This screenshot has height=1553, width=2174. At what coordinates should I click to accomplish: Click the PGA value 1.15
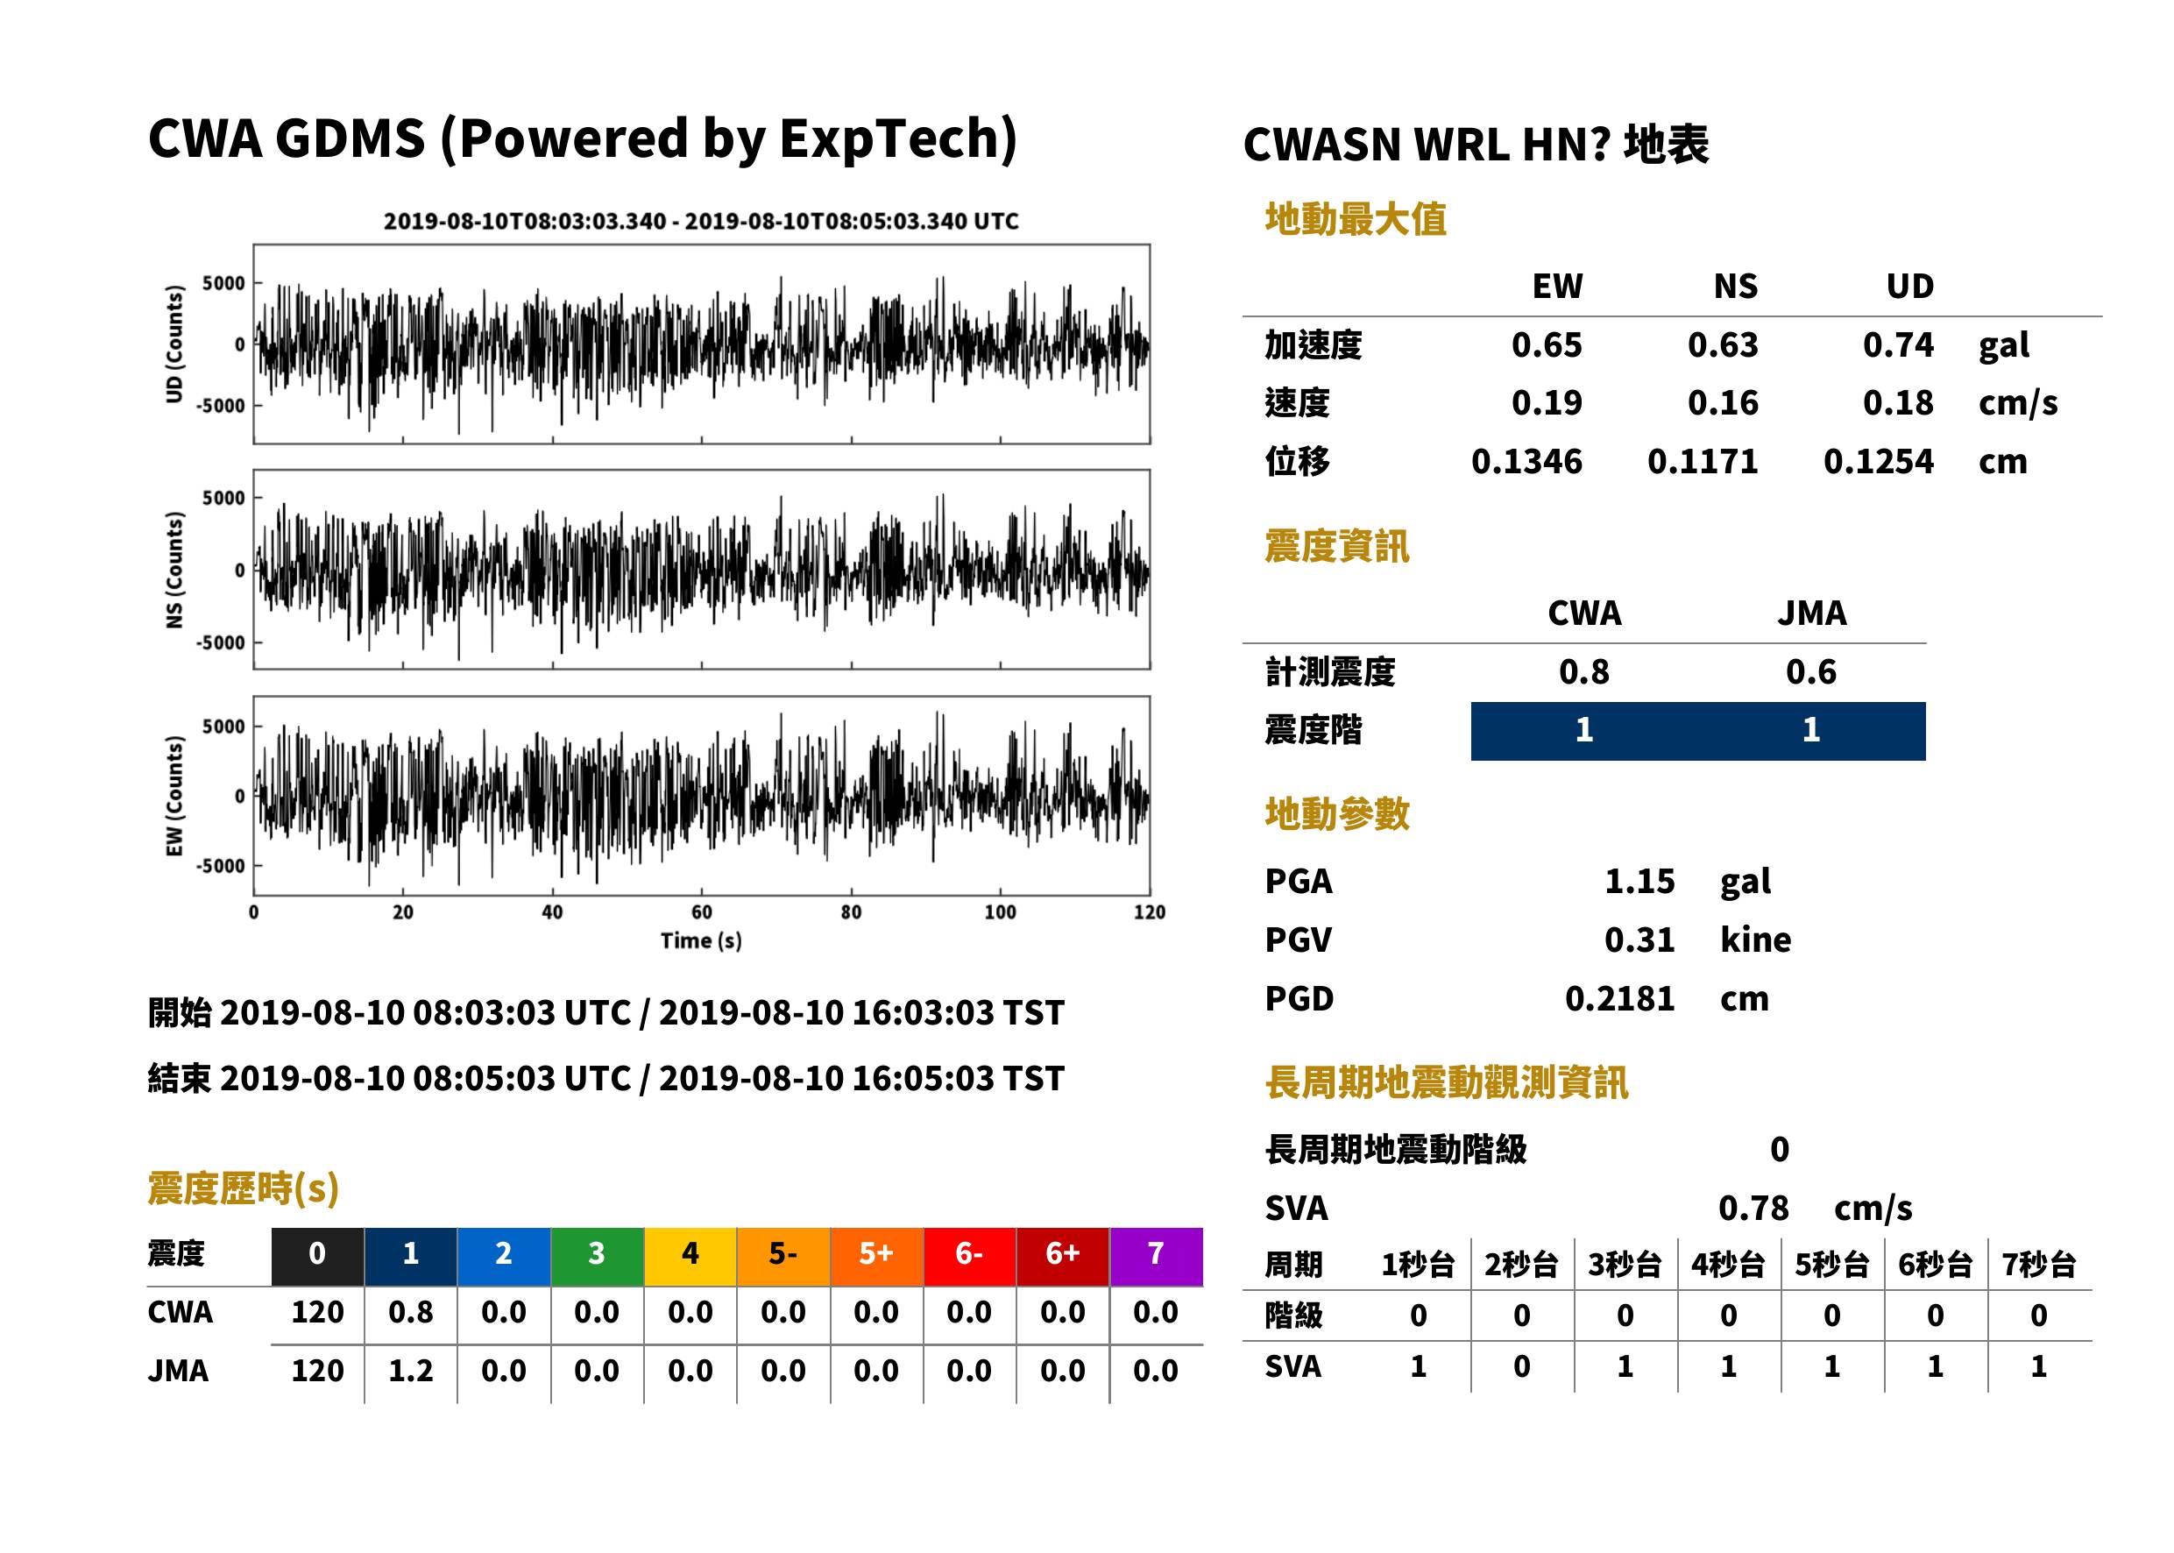pos(1639,881)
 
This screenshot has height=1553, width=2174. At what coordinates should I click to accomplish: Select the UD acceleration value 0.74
pos(1898,344)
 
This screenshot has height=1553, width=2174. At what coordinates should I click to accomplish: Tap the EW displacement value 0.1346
pos(1526,462)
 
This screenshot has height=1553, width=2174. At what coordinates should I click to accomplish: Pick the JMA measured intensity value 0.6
pos(1810,671)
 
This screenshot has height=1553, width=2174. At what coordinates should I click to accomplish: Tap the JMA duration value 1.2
pos(410,1371)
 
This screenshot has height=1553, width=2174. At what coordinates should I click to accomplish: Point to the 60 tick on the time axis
pos(702,912)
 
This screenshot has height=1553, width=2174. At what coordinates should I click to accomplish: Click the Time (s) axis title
pos(701,941)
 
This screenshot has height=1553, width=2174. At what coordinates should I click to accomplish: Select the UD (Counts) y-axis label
pos(174,344)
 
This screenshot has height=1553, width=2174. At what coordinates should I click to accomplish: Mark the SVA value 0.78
pos(1753,1208)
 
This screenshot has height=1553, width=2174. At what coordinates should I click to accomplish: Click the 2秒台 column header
pos(1521,1266)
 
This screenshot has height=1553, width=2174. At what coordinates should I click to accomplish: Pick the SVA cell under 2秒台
pos(1521,1366)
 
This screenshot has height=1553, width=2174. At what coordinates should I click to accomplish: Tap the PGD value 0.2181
pos(1619,998)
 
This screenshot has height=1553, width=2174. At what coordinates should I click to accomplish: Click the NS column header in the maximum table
pos(1735,286)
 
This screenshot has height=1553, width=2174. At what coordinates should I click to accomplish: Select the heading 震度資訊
pos(1336,546)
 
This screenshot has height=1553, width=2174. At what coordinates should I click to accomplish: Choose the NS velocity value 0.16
pos(1723,402)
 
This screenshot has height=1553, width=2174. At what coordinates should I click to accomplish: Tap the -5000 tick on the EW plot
pos(220,865)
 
